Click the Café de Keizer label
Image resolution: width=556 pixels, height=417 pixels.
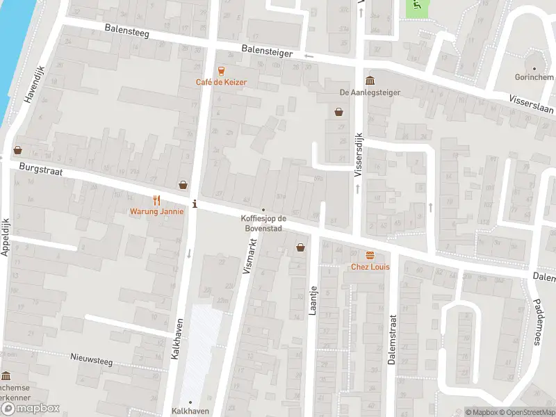tap(221, 82)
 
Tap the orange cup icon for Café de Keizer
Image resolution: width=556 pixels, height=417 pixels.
tap(221, 70)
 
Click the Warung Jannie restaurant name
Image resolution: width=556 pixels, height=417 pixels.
tap(156, 211)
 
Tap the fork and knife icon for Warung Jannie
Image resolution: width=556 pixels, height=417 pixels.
tap(156, 199)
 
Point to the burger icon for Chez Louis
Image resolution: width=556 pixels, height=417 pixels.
tap(370, 256)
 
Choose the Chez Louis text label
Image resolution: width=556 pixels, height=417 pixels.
tap(369, 268)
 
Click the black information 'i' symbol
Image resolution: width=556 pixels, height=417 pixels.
tap(195, 204)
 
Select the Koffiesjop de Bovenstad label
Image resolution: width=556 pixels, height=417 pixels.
tap(263, 224)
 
